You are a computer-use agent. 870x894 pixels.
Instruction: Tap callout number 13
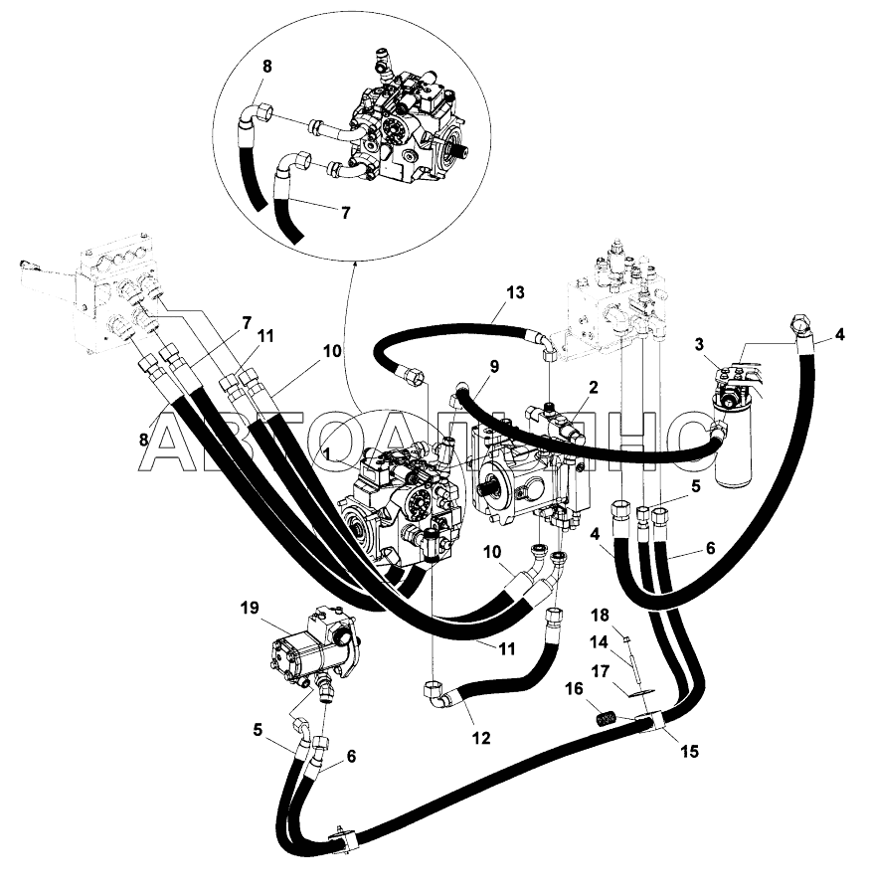point(515,293)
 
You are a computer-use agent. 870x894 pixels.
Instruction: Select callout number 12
point(481,738)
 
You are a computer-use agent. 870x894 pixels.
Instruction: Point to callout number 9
point(494,366)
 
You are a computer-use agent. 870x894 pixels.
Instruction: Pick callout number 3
point(699,344)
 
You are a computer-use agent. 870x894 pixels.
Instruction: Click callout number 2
point(593,388)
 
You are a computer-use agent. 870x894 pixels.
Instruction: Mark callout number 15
point(689,752)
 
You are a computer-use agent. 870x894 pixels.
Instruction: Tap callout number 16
point(574,689)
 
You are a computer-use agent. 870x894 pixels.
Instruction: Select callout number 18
point(600,616)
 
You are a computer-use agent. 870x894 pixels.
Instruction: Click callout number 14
point(600,642)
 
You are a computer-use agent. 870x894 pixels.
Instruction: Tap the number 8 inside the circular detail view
point(266,67)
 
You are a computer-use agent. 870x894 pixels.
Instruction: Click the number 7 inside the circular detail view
point(345,213)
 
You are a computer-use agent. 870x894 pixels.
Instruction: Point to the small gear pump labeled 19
point(313,644)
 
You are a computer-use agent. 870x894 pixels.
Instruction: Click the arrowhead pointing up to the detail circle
point(354,263)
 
